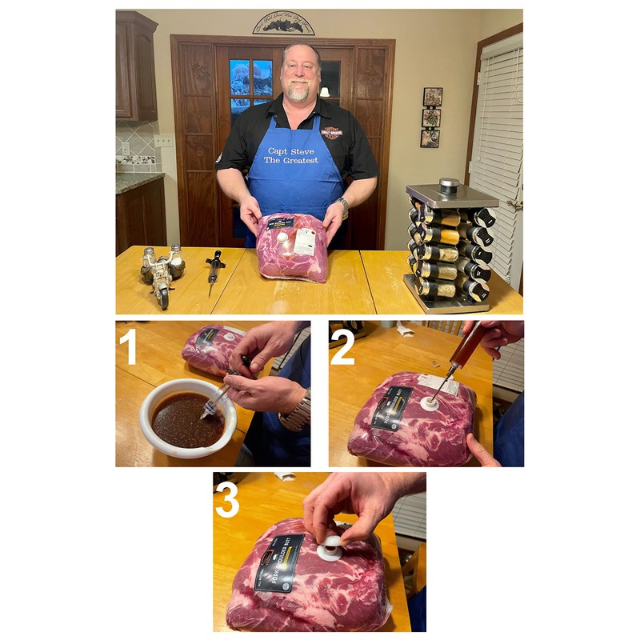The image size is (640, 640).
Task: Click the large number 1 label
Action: [130, 348]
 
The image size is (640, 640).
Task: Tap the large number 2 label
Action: [342, 346]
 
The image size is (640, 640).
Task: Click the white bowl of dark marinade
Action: [187, 418]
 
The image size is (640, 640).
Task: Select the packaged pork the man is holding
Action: [292, 246]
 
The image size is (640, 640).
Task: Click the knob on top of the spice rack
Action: [448, 185]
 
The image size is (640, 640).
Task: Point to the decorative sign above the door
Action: [283, 23]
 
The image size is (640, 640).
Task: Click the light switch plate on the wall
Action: [163, 140]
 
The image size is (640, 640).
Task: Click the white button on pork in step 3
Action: [330, 548]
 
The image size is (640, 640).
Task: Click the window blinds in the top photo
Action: [501, 144]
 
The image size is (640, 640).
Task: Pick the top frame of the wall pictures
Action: [432, 97]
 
